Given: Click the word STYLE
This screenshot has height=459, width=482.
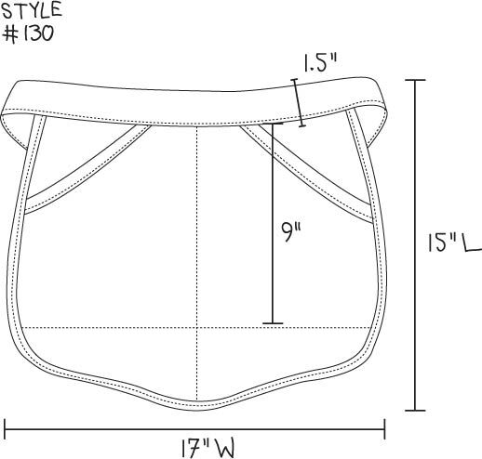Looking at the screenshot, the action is click(x=32, y=10).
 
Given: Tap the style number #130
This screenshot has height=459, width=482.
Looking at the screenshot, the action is click(x=28, y=33).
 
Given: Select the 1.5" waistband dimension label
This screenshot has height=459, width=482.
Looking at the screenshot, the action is click(x=319, y=63).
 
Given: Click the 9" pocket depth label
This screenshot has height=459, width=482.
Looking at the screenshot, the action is click(x=291, y=232).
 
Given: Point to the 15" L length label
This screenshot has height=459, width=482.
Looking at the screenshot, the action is click(x=455, y=243).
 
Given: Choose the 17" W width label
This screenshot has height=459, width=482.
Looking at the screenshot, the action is click(x=208, y=448).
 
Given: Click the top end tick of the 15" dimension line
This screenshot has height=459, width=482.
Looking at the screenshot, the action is click(x=415, y=80).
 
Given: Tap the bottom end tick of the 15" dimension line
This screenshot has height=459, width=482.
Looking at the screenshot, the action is click(x=415, y=411).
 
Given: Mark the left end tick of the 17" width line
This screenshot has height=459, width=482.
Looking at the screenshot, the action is click(x=5, y=429).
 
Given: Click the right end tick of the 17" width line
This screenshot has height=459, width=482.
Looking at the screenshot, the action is click(x=384, y=429).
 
